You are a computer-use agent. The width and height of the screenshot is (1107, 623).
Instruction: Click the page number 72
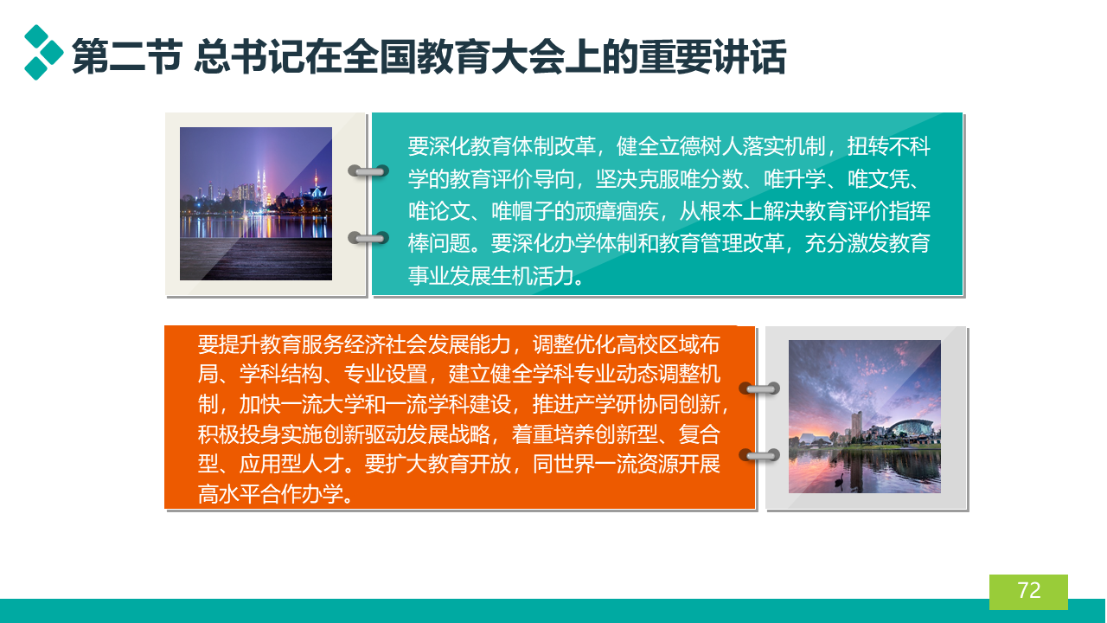(x=1029, y=590)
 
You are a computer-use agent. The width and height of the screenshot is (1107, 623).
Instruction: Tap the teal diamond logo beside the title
(x=44, y=53)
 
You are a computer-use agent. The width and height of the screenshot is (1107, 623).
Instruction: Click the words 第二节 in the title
(x=127, y=56)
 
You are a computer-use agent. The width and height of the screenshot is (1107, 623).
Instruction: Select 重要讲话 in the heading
(x=712, y=56)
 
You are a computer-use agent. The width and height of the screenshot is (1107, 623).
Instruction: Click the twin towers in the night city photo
(x=260, y=188)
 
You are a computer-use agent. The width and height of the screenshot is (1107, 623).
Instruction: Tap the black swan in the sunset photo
(x=839, y=480)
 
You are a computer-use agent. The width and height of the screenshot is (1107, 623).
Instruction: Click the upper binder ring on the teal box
(x=368, y=171)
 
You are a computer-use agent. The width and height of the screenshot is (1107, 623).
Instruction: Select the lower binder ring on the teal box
(x=368, y=238)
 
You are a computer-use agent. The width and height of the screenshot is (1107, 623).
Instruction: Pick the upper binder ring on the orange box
(x=759, y=389)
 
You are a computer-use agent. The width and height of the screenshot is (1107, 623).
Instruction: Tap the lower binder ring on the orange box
(x=759, y=455)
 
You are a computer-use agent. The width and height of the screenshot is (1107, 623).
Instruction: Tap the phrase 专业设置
(x=386, y=374)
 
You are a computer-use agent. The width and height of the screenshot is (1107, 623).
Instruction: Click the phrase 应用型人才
(x=291, y=464)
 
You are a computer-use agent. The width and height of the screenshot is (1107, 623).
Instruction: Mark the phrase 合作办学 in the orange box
(x=302, y=493)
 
